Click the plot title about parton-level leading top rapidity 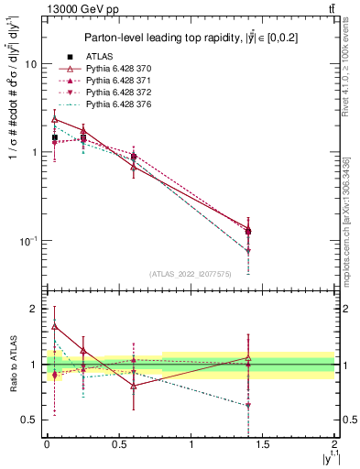pos(191,38)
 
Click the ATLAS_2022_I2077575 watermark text pos(190,273)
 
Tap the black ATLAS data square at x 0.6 pos(134,157)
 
